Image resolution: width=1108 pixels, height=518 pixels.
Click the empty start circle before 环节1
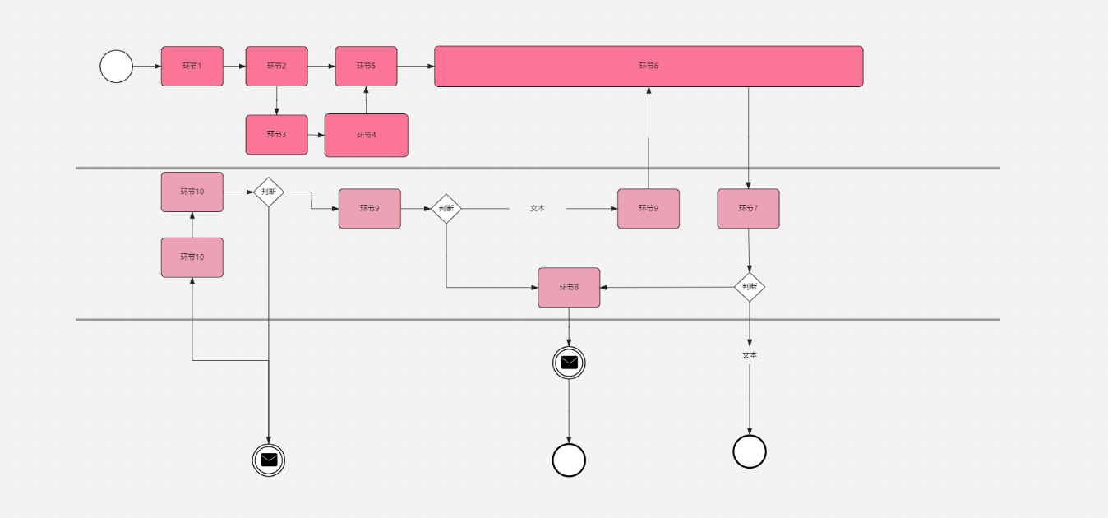(x=116, y=67)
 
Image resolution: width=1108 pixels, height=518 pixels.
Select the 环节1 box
(x=192, y=66)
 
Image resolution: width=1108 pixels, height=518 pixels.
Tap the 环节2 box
(x=276, y=66)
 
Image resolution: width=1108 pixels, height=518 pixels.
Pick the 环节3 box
(x=276, y=134)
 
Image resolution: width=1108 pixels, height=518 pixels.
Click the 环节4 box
(x=366, y=135)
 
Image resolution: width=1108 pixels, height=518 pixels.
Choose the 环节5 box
(x=366, y=66)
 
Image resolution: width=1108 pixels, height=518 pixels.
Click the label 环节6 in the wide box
(x=649, y=66)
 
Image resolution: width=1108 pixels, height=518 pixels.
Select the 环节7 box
(x=748, y=208)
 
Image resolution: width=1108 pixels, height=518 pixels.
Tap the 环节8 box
(x=569, y=287)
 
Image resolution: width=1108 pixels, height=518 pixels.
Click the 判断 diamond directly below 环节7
(x=750, y=287)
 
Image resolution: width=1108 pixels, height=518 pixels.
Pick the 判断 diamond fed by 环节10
(x=269, y=192)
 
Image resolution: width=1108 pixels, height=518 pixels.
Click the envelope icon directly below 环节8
(x=569, y=362)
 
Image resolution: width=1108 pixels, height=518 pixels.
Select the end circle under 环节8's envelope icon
(x=569, y=460)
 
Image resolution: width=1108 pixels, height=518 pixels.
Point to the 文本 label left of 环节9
(x=538, y=209)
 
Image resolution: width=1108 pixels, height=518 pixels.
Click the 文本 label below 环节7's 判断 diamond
(x=750, y=355)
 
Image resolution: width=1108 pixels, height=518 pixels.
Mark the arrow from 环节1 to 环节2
(x=234, y=66)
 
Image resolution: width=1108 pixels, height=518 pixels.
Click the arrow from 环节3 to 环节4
(x=316, y=135)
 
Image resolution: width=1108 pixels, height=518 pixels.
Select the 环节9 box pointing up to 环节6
(x=649, y=208)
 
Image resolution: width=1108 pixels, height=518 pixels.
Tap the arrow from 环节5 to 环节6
(x=416, y=66)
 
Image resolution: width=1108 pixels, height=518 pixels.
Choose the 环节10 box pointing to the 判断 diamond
(x=192, y=192)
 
